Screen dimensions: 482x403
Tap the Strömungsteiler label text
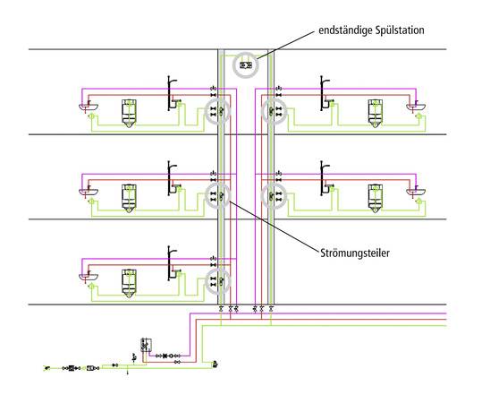(x=355, y=253)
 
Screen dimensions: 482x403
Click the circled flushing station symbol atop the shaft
(x=245, y=65)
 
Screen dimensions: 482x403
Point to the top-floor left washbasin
(x=89, y=107)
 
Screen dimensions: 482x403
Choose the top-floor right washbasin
(x=416, y=107)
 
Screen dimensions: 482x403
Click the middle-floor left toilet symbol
(x=129, y=198)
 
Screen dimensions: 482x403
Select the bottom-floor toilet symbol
(x=129, y=283)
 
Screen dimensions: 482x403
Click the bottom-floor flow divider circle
(x=217, y=281)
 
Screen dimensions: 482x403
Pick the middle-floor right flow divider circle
(x=274, y=196)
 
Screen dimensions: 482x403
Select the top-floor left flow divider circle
(x=217, y=111)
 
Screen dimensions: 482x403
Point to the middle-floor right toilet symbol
(x=375, y=198)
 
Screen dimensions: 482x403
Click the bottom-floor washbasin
(x=89, y=277)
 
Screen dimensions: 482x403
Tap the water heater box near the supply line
(x=146, y=345)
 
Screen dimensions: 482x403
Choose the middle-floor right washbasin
(x=416, y=192)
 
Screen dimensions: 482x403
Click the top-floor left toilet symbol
(x=129, y=114)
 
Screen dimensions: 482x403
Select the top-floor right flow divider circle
(x=274, y=111)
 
